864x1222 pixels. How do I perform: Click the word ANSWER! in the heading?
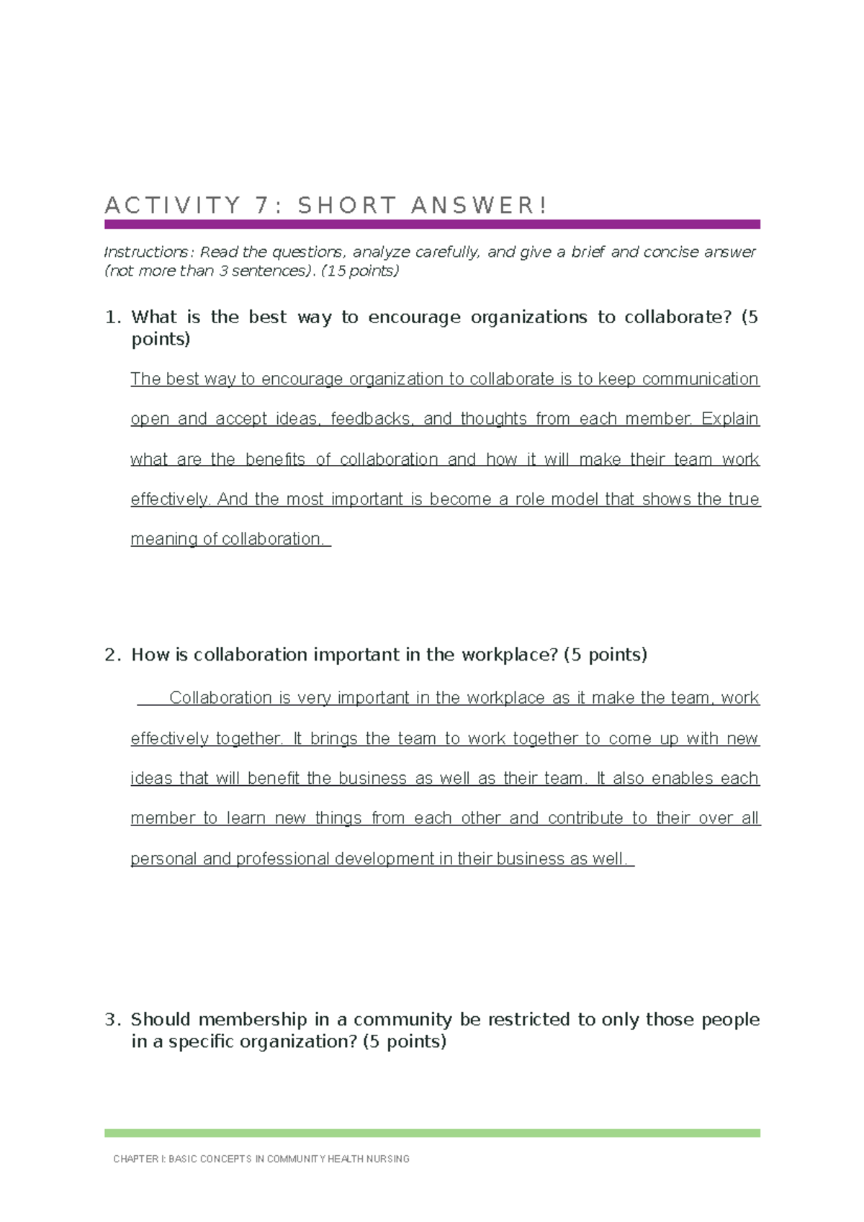(479, 206)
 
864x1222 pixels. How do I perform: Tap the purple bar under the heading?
(432, 225)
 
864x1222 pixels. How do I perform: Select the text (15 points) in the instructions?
(360, 271)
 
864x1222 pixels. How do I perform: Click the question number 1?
(112, 317)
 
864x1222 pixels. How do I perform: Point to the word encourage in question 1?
(414, 317)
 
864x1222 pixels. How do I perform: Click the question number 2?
(112, 655)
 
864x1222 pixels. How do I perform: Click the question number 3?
(112, 1020)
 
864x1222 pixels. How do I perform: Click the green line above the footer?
(432, 1133)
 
